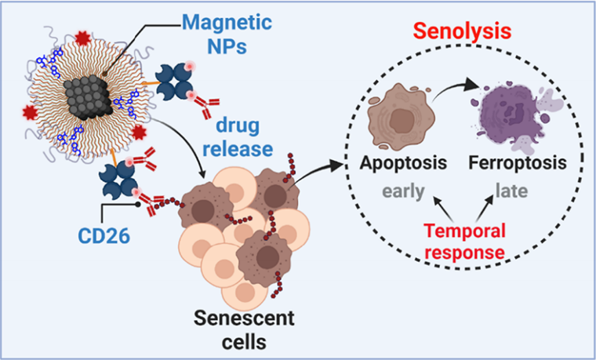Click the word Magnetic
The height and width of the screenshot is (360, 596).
tap(227, 24)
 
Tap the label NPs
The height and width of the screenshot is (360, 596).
tap(227, 46)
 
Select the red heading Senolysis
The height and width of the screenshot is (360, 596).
tap(462, 31)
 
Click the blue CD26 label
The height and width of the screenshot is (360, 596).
tap(104, 236)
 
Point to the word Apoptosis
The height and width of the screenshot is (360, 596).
tap(403, 162)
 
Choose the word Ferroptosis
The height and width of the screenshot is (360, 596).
tap(518, 162)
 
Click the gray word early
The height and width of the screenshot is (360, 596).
tap(403, 191)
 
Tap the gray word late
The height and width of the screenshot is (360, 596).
tap(511, 191)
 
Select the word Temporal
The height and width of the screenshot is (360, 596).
tap(464, 231)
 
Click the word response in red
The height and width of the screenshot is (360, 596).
tap(464, 253)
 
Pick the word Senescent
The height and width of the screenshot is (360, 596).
tap(244, 318)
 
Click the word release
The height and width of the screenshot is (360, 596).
tap(238, 148)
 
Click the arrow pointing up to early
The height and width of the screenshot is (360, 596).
tap(443, 209)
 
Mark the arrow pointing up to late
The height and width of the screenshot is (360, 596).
tap(485, 208)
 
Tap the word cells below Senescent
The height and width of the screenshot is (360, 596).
tap(244, 341)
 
